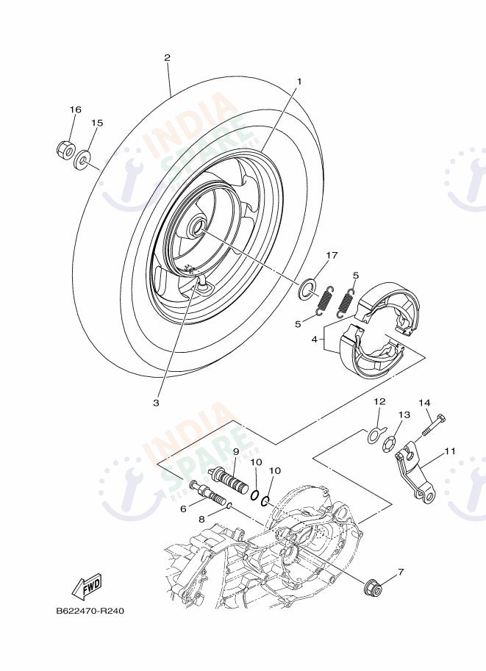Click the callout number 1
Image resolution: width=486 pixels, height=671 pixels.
tap(299, 81)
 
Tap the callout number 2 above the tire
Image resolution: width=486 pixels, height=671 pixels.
tap(167, 57)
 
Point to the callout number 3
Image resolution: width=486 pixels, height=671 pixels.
tap(156, 402)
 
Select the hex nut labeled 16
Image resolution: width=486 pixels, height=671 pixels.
tap(64, 150)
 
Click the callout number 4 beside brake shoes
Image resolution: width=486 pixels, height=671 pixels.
tap(314, 340)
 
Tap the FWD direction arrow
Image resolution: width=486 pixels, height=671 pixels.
tap(85, 586)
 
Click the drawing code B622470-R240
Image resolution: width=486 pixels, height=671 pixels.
tap(85, 611)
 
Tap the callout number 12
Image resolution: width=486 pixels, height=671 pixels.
tap(379, 402)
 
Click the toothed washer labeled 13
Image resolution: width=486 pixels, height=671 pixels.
tap(390, 445)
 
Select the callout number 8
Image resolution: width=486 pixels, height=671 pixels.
tap(203, 518)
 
